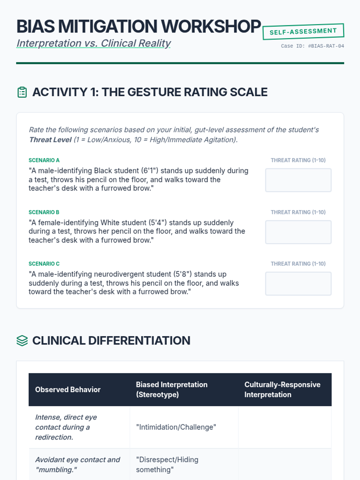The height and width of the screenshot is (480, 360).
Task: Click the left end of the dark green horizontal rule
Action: click(x=16, y=63)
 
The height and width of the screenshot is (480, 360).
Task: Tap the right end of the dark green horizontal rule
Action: click(x=344, y=63)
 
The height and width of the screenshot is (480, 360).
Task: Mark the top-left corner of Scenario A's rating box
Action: click(x=265, y=169)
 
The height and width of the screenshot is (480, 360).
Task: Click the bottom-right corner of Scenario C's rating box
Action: click(x=331, y=295)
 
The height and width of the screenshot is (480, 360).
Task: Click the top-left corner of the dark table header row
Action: click(x=29, y=373)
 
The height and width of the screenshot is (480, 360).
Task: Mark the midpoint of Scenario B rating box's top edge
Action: click(x=298, y=220)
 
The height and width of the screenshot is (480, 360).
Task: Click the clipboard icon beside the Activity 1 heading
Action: click(x=22, y=92)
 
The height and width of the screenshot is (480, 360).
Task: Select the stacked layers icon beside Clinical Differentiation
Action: click(x=22, y=341)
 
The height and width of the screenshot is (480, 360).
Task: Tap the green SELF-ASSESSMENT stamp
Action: click(x=303, y=31)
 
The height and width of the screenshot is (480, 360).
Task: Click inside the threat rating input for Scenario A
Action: click(x=298, y=180)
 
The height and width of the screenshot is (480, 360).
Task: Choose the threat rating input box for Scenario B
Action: click(x=298, y=232)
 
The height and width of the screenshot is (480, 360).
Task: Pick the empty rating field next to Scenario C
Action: click(x=298, y=283)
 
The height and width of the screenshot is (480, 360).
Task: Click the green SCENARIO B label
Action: click(x=44, y=212)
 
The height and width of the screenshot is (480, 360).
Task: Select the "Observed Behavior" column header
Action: click(x=68, y=389)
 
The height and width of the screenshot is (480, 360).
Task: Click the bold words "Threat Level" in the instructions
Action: click(x=50, y=139)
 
